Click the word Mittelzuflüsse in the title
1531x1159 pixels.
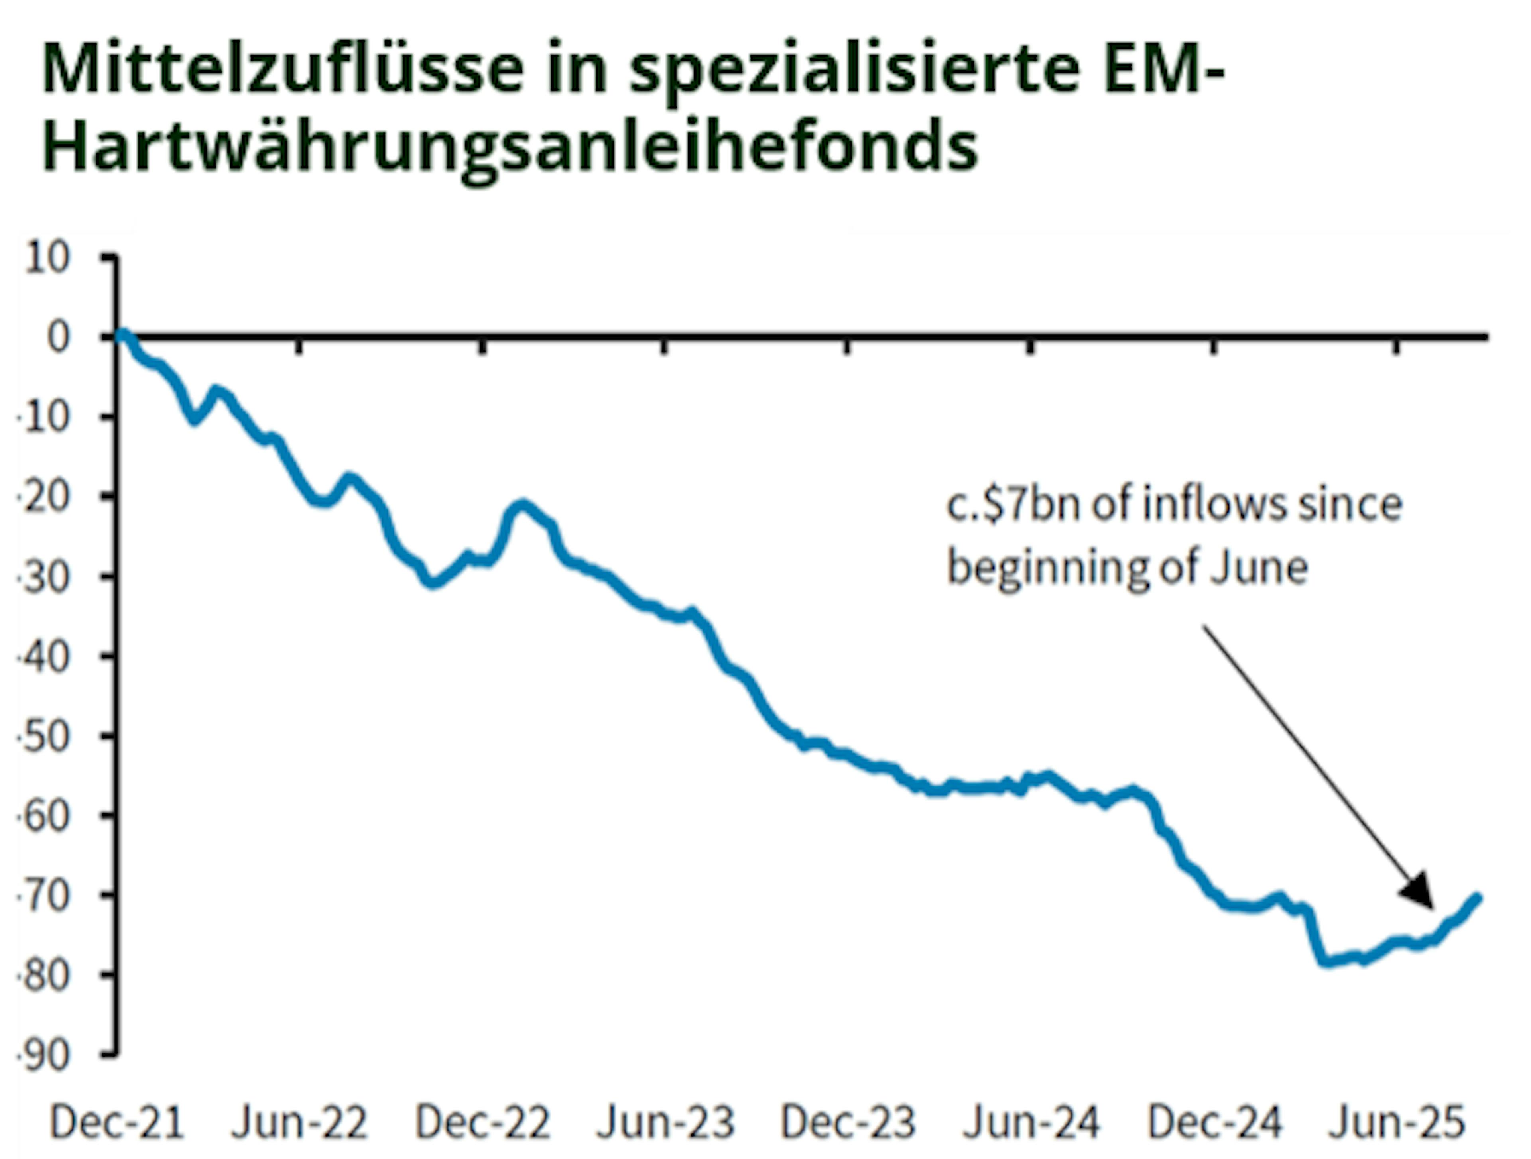point(282,69)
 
